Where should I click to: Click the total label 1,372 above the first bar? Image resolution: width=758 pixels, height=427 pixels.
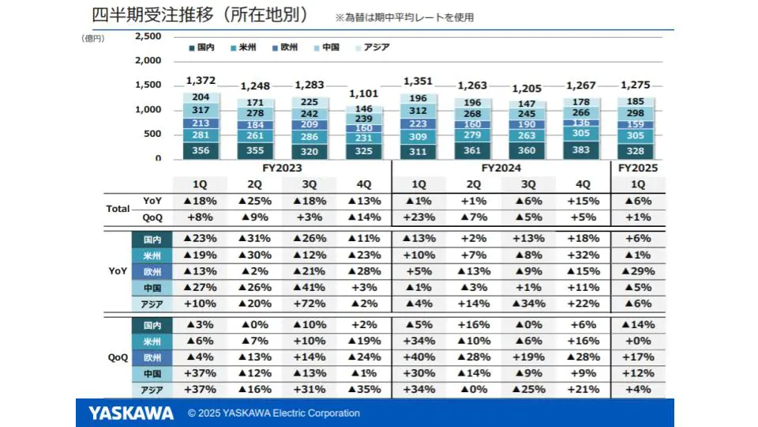pos(200,81)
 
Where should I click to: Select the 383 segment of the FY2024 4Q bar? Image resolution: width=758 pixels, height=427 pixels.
pos(581,150)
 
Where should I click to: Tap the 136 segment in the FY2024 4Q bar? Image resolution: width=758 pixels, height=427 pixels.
pos(581,123)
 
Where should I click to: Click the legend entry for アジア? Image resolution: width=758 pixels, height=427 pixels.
pos(376,47)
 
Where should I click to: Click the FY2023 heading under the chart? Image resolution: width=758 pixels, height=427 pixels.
pos(283,168)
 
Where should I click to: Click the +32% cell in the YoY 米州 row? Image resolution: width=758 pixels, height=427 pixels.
pos(581,255)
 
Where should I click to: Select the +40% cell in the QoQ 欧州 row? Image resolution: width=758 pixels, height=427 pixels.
pos(418,357)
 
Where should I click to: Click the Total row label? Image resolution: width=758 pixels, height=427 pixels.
pos(118,209)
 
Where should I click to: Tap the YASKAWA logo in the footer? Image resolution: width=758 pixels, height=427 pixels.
pos(131,413)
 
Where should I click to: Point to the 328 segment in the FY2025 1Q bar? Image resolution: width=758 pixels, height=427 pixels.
pos(636,150)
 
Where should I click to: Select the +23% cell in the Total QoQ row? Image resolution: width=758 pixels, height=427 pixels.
pos(418,217)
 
